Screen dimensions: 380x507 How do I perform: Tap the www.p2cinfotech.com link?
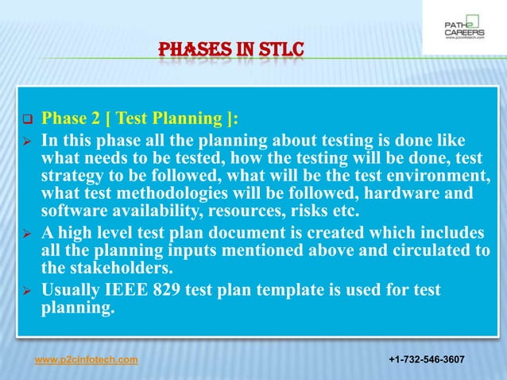click(x=87, y=360)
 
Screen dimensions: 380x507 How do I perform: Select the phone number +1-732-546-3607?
click(x=427, y=360)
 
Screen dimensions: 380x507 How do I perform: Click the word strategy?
click(x=72, y=176)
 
